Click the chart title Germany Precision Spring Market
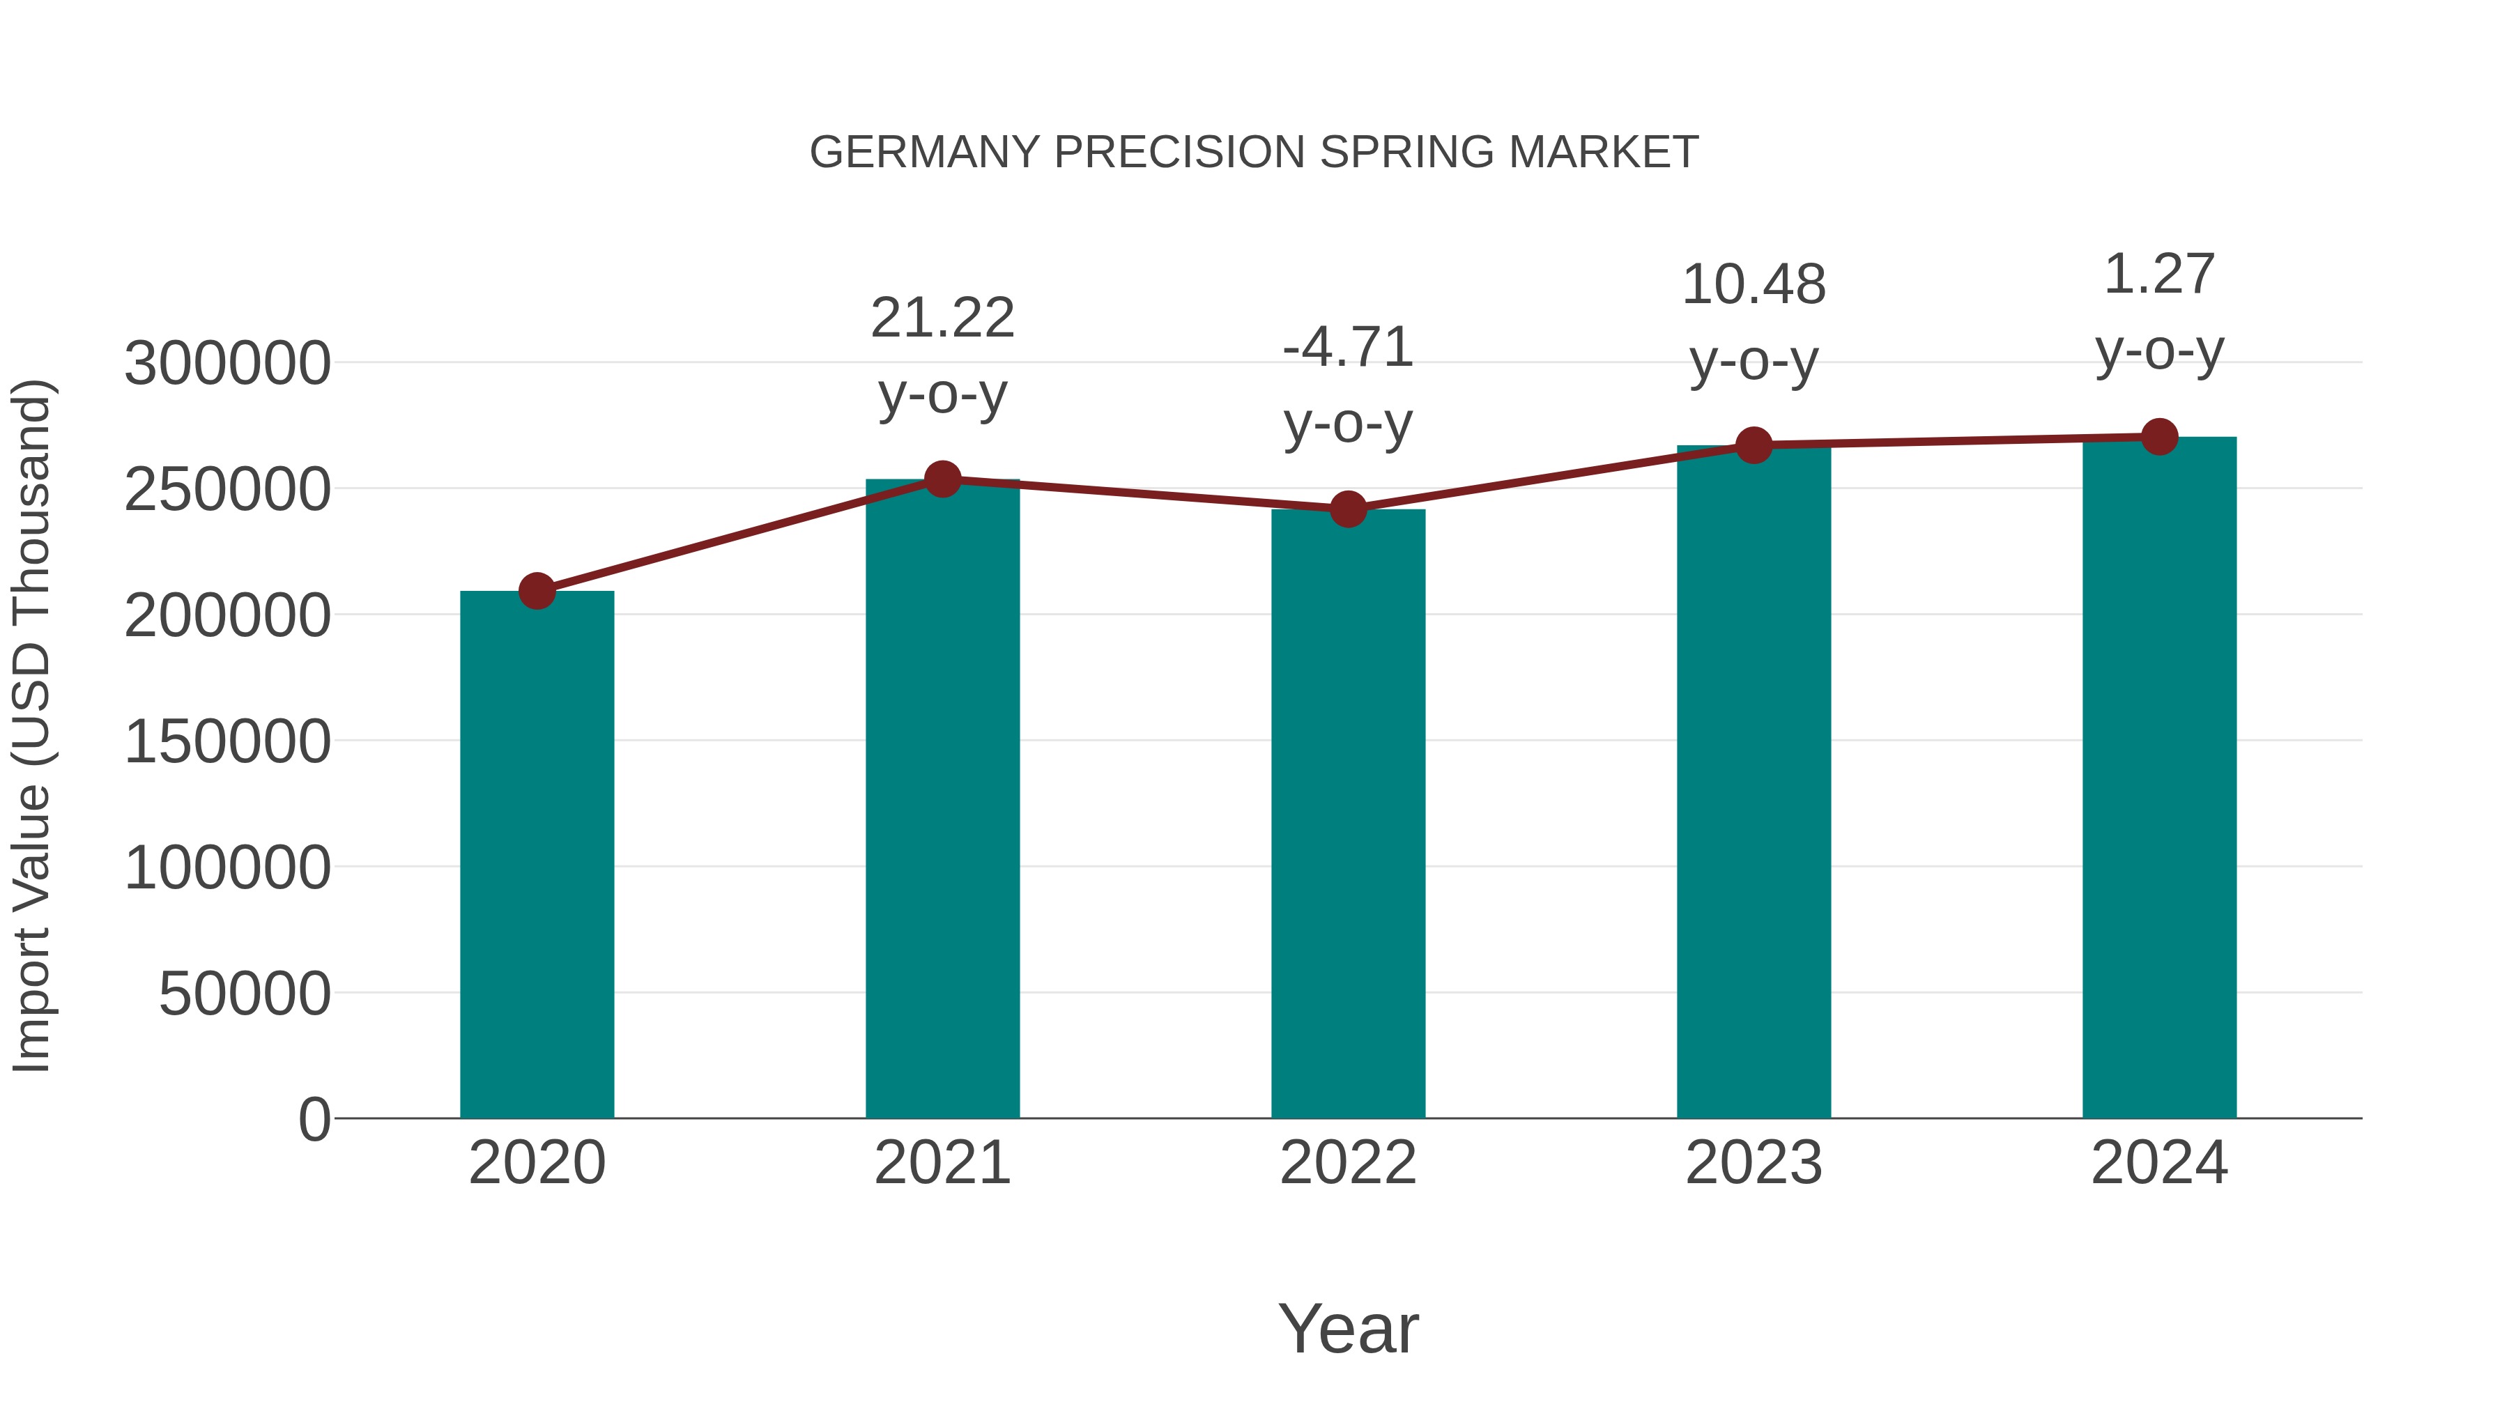(1254, 153)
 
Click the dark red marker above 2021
(942, 479)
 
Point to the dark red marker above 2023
(1754, 445)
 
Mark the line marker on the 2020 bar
(537, 590)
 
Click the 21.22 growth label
(942, 318)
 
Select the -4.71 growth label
(1348, 348)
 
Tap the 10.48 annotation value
(1754, 285)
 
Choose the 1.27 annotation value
(2159, 275)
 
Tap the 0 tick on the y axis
(314, 1119)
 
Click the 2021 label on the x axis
(942, 1163)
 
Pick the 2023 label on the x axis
(1754, 1163)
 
